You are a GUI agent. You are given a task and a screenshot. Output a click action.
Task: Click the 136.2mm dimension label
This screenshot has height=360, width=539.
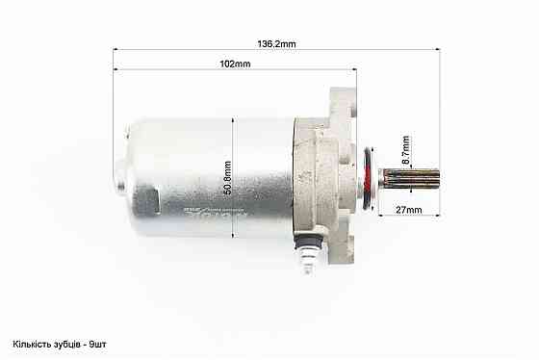click(x=277, y=43)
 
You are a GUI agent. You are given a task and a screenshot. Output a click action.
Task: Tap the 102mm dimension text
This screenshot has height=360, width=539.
click(x=236, y=64)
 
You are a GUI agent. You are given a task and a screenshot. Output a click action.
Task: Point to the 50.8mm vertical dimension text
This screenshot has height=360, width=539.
click(x=228, y=176)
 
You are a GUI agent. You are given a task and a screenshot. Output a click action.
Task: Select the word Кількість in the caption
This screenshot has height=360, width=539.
click(x=34, y=345)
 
